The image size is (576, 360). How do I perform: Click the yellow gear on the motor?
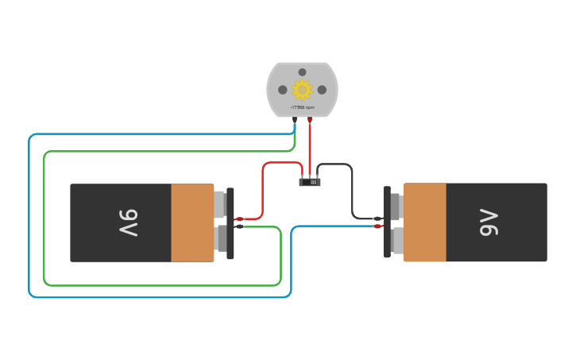(x=302, y=89)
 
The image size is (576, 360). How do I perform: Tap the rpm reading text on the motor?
(x=302, y=107)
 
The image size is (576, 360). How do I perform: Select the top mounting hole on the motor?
(x=302, y=72)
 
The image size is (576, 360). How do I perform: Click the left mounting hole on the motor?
(x=282, y=90)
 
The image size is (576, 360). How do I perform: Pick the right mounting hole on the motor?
(x=322, y=90)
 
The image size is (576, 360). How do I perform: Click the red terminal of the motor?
(x=310, y=120)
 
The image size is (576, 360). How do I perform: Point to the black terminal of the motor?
(x=295, y=120)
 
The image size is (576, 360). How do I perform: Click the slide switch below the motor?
(x=310, y=182)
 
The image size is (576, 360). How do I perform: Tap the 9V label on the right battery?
(x=488, y=223)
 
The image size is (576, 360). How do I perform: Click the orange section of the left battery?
(x=192, y=223)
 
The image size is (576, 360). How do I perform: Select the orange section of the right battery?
(x=424, y=223)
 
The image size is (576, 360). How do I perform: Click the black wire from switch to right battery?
(x=352, y=191)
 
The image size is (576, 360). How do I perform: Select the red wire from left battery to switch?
(x=263, y=191)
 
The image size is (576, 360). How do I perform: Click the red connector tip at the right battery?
(x=378, y=226)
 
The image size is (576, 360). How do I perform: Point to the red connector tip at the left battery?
(x=239, y=219)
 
